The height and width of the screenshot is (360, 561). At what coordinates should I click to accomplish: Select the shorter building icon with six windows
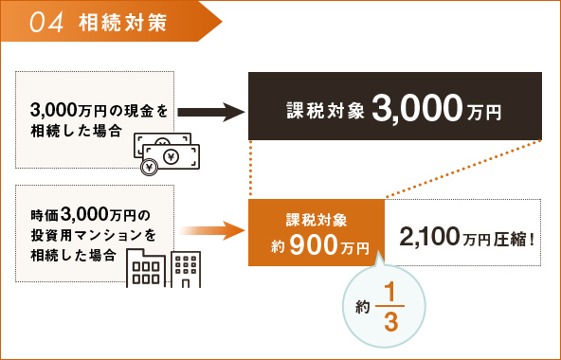point(145,267)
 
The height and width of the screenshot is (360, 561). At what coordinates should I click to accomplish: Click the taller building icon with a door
point(186,268)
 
